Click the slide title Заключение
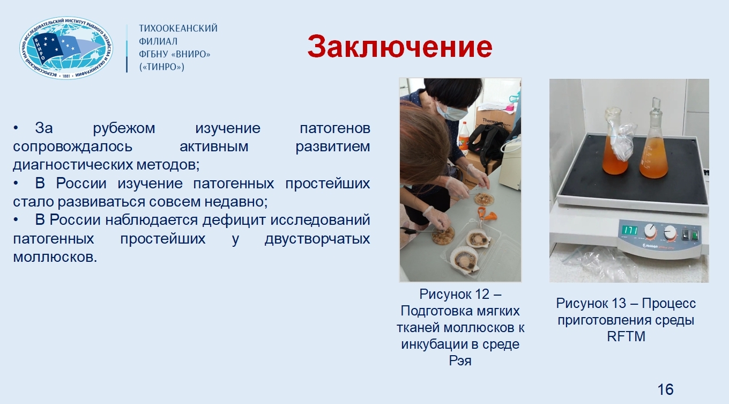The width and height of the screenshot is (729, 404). tap(400, 47)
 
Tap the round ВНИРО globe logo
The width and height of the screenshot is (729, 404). tap(66, 48)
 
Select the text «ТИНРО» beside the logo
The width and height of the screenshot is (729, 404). tap(162, 67)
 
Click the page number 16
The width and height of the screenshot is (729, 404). tap(665, 390)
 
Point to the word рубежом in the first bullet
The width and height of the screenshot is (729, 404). tap(124, 128)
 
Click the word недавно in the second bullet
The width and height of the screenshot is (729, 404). tap(236, 202)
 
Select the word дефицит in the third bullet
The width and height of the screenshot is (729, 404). tap(234, 220)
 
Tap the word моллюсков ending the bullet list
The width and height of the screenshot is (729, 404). tap(55, 257)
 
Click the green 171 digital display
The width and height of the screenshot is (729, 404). tap(630, 230)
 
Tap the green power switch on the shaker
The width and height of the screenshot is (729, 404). tap(695, 234)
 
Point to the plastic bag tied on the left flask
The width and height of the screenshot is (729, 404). tap(622, 142)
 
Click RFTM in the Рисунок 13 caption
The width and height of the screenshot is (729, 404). tap(626, 336)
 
